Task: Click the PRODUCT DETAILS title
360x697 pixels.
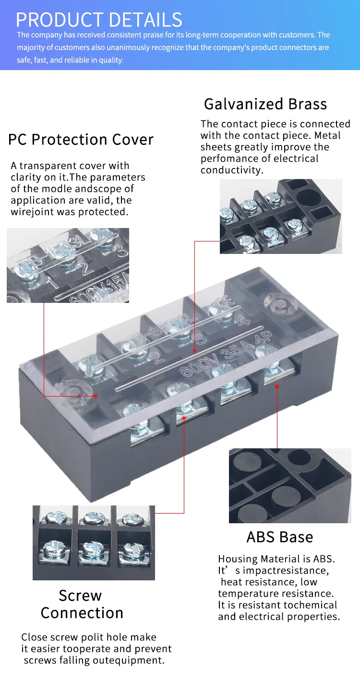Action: [x=99, y=19]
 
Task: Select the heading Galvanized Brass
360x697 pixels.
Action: [x=265, y=104]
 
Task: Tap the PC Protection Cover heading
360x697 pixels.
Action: [x=81, y=140]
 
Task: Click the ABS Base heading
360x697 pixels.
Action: [x=279, y=537]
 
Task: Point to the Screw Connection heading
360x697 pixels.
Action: [x=82, y=604]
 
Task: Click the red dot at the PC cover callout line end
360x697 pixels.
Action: [x=96, y=396]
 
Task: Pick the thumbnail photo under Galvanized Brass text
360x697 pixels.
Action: [x=281, y=216]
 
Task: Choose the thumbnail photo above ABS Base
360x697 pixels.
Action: [x=290, y=485]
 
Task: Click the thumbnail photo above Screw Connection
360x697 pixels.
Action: [x=94, y=542]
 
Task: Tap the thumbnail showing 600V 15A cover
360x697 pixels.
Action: [x=68, y=265]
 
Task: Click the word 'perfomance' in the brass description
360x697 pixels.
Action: [x=228, y=159]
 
